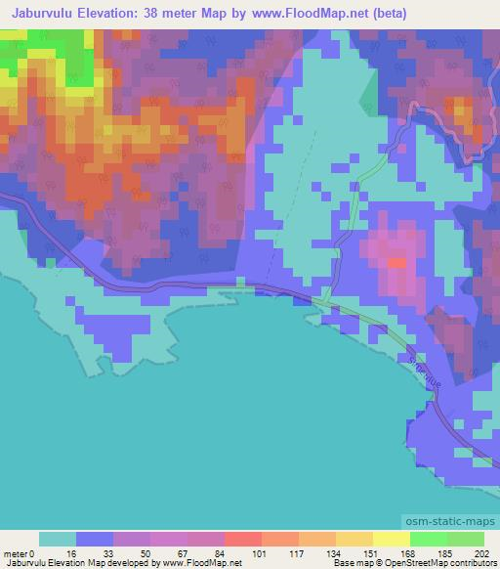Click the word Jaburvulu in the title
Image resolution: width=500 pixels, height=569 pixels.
click(x=48, y=14)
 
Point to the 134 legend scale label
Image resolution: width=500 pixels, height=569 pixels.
click(x=335, y=552)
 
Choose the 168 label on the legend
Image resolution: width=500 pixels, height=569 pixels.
click(x=409, y=552)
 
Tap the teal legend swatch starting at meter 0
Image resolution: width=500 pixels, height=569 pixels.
click(x=58, y=539)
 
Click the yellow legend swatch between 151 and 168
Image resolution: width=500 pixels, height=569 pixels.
click(x=391, y=539)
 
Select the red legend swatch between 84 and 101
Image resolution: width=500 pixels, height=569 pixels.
click(x=242, y=539)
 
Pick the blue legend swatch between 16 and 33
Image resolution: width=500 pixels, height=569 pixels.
click(x=95, y=539)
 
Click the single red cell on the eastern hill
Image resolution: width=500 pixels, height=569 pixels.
click(x=396, y=262)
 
